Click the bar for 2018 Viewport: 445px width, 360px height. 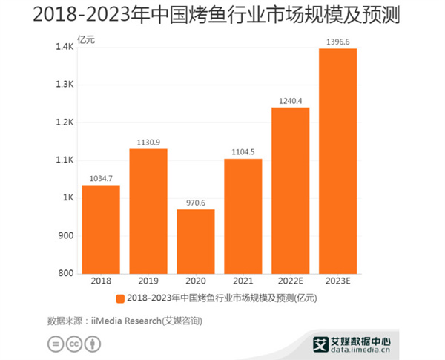point(101,229)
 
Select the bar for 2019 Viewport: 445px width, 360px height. point(148,211)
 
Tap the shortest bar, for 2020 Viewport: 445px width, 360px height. point(196,241)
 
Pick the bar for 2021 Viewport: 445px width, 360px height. point(243,216)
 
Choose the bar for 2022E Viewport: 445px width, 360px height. point(291,191)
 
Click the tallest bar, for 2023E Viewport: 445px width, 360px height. point(338,161)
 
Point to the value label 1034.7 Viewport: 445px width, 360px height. point(101,179)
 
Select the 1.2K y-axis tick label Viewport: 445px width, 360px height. point(65,122)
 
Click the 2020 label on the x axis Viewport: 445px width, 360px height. point(196,281)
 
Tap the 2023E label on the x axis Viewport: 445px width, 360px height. point(338,281)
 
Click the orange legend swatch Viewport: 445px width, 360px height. point(120,298)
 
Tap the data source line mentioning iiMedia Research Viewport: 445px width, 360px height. point(125,321)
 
